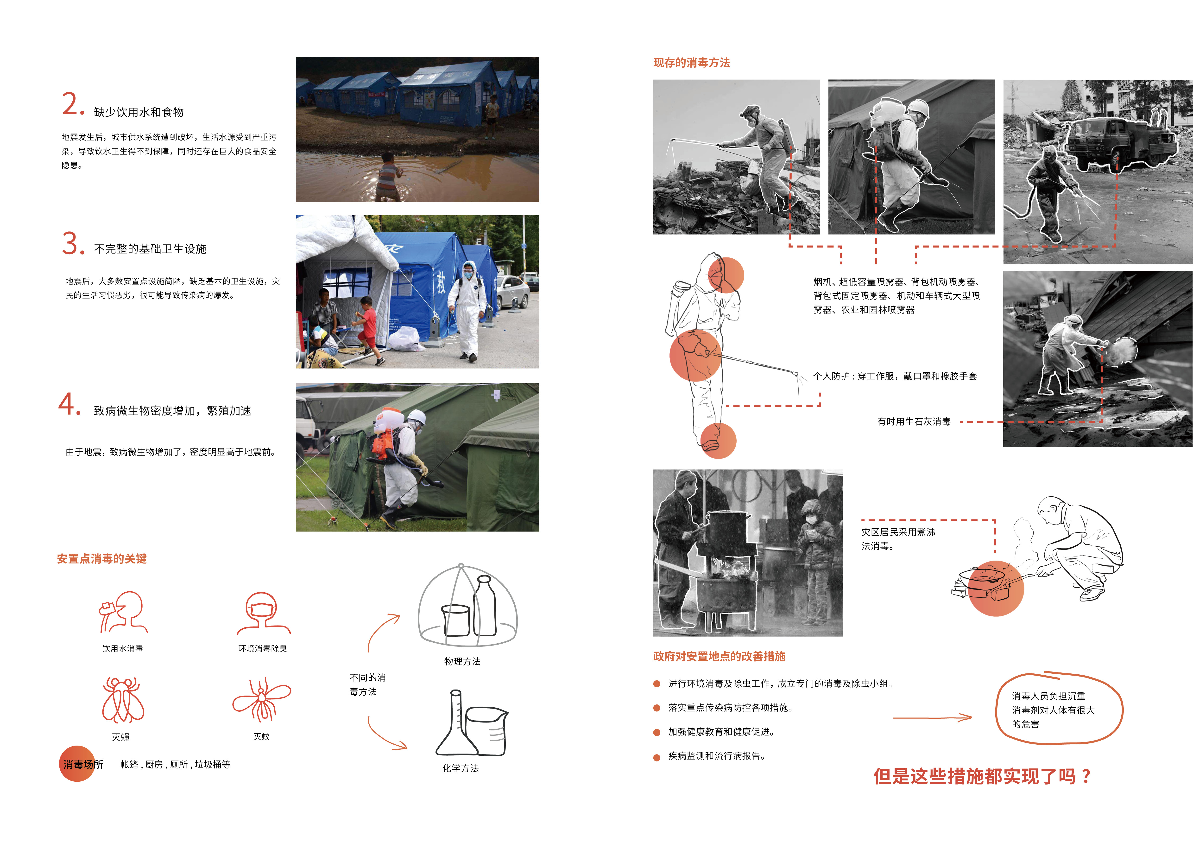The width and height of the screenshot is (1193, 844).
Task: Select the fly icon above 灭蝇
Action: coord(123,700)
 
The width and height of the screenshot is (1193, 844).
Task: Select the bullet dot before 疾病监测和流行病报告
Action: coord(657,757)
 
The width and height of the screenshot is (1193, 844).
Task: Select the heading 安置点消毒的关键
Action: coord(102,559)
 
